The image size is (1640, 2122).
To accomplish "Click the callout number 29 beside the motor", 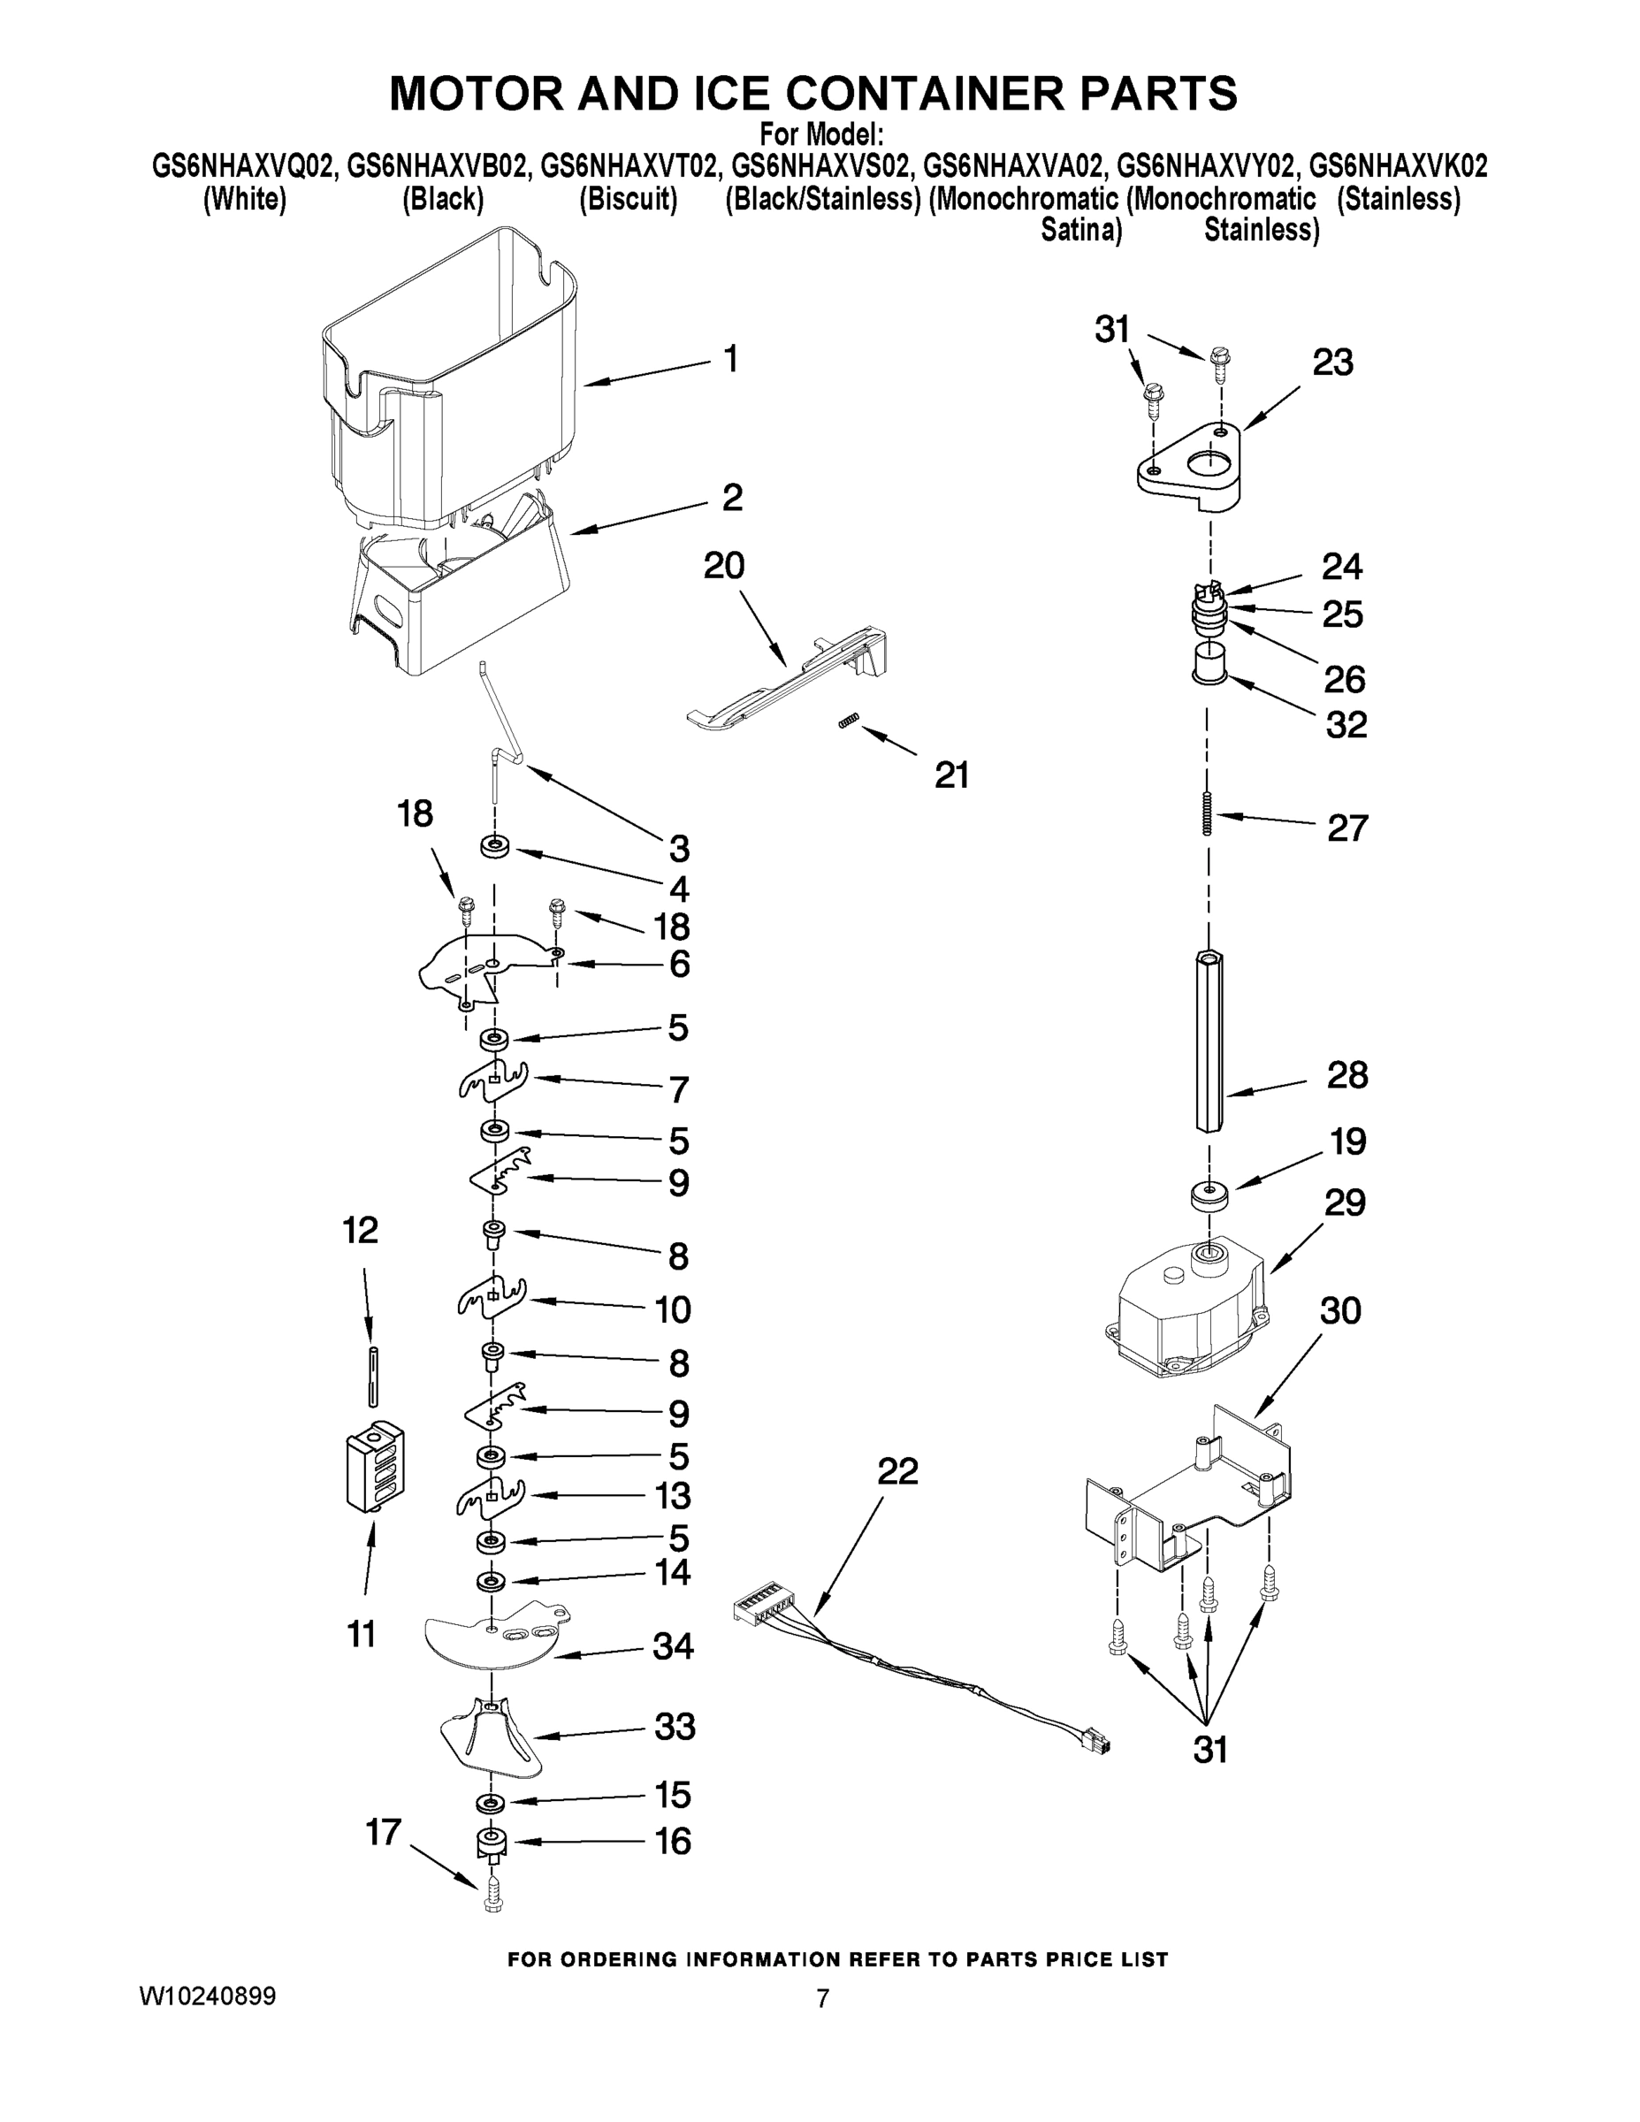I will [x=1345, y=1202].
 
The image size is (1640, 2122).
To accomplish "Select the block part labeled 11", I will [x=375, y=1467].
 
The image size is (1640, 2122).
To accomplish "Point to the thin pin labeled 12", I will [x=371, y=1374].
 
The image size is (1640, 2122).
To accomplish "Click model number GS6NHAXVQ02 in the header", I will [x=243, y=166].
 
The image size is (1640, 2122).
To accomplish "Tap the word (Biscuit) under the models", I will [x=628, y=199].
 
